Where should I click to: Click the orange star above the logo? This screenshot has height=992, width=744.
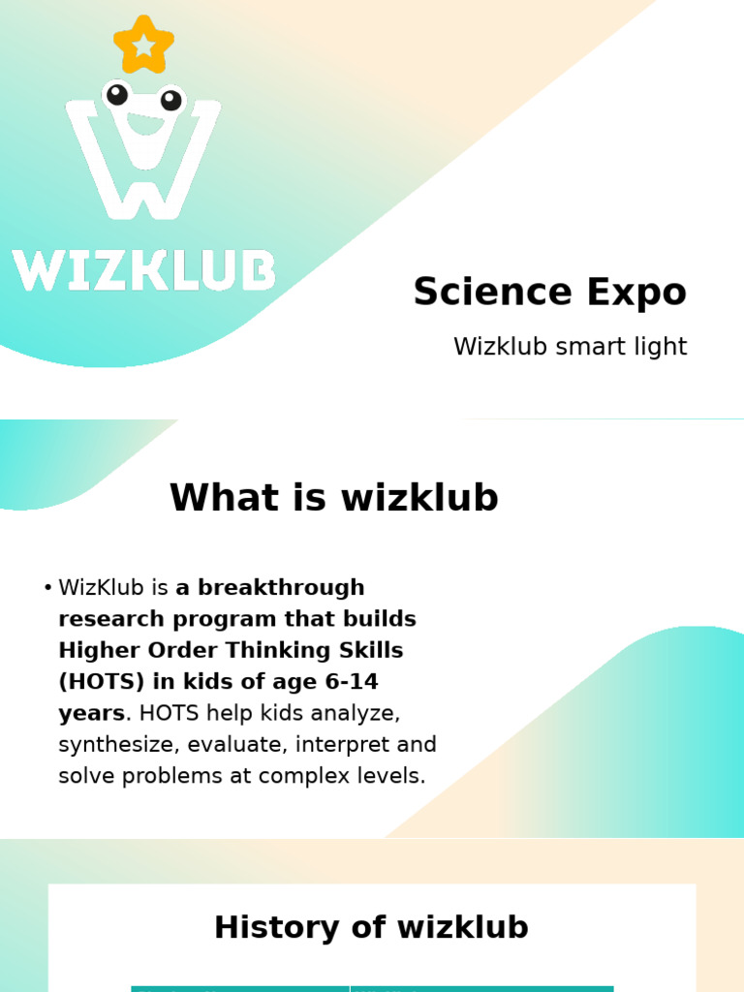click(143, 45)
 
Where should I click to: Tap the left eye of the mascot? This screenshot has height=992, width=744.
click(117, 94)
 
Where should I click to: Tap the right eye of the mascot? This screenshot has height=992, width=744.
click(170, 100)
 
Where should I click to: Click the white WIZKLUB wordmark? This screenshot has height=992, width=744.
click(143, 270)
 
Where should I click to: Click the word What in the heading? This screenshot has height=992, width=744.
click(222, 498)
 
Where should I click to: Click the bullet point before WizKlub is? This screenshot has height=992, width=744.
click(47, 588)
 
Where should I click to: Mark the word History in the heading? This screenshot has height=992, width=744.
click(265, 927)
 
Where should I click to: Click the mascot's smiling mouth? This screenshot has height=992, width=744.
click(145, 124)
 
